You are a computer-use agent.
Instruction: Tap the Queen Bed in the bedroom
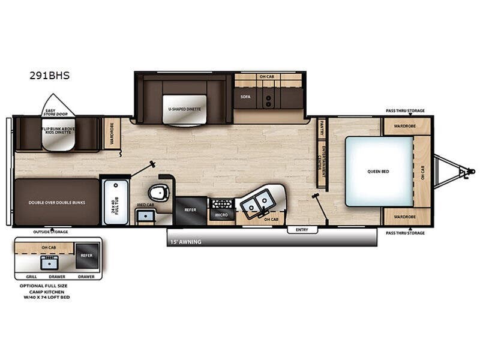coord(379,171)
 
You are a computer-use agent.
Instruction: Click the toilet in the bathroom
coord(160,193)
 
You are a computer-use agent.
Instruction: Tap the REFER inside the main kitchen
coord(190,210)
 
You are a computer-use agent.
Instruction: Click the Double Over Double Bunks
coord(56,203)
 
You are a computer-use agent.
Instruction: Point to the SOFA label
coord(245,96)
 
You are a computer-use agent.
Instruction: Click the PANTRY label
coord(322,128)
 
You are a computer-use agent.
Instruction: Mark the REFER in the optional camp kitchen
coord(87,254)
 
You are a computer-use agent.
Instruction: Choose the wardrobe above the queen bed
coord(406,127)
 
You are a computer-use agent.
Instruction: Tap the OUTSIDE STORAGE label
coord(52,231)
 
